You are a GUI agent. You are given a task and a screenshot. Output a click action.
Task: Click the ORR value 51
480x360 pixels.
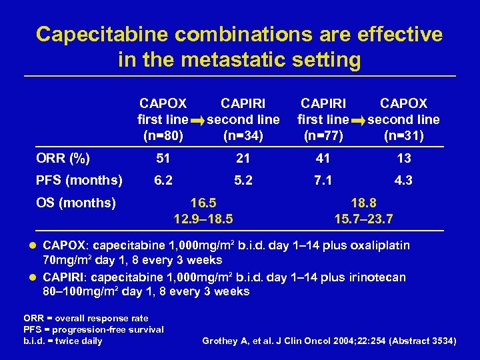163,159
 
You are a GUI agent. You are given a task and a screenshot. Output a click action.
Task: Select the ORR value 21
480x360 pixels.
243,159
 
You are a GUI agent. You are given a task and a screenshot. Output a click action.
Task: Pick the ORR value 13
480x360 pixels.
403,159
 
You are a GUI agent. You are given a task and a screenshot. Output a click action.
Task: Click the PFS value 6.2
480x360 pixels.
163,181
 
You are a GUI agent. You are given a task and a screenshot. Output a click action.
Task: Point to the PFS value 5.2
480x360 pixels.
243,181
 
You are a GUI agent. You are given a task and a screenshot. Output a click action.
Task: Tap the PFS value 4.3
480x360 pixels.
403,181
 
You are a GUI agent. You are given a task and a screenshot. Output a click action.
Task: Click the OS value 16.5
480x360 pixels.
203,203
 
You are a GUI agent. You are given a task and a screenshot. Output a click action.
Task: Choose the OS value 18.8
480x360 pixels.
363,203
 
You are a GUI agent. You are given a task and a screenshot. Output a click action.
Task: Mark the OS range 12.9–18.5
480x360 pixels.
203,219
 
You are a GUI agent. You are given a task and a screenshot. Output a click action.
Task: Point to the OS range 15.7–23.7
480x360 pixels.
363,219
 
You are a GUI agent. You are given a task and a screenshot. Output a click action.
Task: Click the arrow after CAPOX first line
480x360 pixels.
198,121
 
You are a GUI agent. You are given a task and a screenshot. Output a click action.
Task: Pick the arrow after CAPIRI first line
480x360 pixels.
359,121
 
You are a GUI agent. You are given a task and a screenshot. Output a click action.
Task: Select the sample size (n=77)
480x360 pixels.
324,136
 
